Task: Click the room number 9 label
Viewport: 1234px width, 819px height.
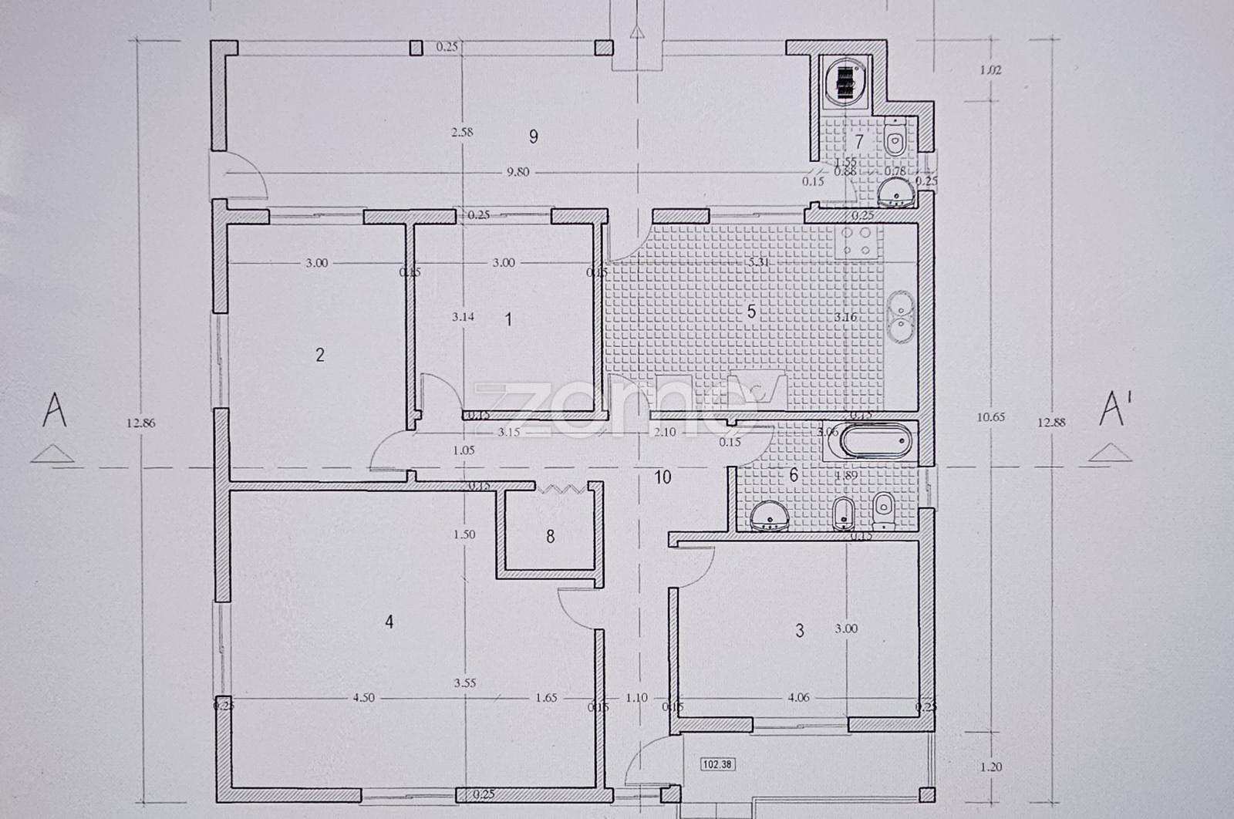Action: coord(533,136)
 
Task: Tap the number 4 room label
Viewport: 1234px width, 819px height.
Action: coord(389,622)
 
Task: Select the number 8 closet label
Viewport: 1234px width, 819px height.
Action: coord(550,536)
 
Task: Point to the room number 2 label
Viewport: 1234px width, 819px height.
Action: coord(320,355)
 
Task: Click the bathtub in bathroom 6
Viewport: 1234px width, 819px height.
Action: coord(875,442)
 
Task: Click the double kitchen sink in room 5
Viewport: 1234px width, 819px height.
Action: coord(900,315)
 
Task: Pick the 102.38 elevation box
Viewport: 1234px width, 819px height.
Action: coord(716,764)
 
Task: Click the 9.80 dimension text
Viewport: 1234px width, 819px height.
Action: coord(518,172)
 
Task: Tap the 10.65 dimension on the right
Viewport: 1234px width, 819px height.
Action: coord(990,417)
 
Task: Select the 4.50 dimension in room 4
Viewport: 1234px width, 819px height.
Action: coord(363,698)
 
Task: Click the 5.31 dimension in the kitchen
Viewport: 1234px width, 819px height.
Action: coord(759,262)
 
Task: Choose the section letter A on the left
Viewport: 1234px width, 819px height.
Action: coord(54,410)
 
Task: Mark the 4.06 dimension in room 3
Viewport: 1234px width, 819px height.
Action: coord(798,698)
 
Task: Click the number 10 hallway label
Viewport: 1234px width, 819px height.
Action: coord(663,477)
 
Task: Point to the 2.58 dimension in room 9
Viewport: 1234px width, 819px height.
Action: coord(462,132)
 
